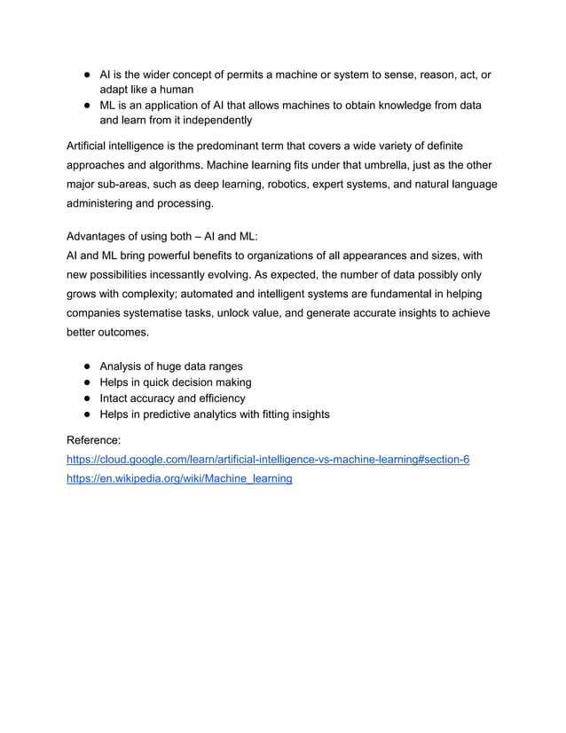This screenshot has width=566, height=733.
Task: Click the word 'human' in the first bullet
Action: (x=174, y=90)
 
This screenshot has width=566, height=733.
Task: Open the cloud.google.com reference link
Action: (x=268, y=460)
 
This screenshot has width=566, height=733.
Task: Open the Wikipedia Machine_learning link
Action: (x=179, y=479)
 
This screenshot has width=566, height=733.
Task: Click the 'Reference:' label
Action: (x=96, y=440)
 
